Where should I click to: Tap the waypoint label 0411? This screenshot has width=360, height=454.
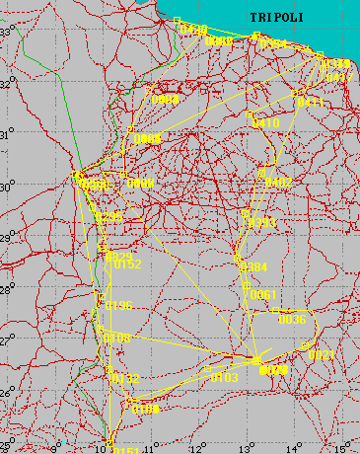point(311,102)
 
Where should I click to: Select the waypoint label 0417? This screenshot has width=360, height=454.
point(338,77)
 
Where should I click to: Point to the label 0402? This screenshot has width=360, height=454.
point(279,183)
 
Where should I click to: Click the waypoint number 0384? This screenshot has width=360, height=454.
point(253,267)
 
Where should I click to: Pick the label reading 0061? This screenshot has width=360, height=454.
point(261,295)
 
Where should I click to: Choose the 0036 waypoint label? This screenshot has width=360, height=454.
point(292,320)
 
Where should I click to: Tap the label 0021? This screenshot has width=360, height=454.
point(322,354)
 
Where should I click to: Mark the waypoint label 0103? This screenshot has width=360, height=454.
point(225,377)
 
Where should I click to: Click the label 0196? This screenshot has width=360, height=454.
point(118,305)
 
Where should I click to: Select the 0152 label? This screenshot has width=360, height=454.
point(128,265)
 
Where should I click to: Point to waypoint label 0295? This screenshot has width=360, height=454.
point(108,216)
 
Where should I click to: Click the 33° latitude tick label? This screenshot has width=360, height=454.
point(6,32)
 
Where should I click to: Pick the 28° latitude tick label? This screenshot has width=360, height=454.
point(6,289)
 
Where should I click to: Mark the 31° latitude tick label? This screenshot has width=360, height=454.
point(6,134)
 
